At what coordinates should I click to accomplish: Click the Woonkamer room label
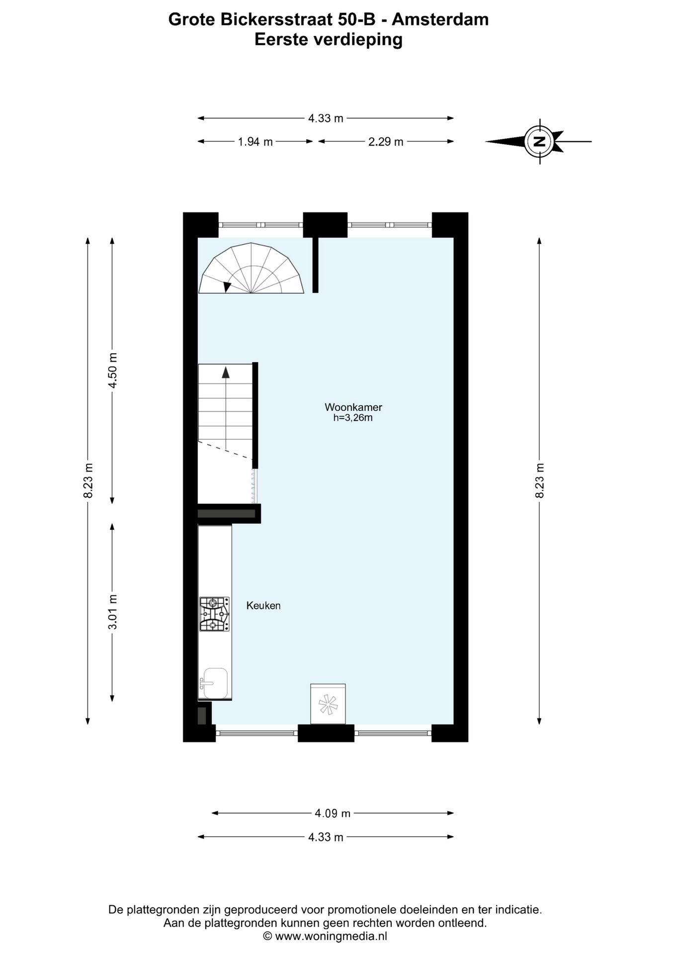[353, 407]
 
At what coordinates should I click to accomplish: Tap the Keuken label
[263, 605]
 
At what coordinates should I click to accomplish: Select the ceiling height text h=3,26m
[353, 418]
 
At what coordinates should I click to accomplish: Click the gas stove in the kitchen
[215, 614]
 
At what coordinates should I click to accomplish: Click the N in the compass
[540, 142]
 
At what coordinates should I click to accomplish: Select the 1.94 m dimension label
[255, 142]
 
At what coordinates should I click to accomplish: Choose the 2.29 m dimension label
[386, 142]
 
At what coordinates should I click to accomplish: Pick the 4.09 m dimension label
[333, 813]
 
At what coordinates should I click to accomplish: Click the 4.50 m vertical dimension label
[113, 371]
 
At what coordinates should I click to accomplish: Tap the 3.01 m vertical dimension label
[113, 612]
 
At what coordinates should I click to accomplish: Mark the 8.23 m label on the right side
[540, 480]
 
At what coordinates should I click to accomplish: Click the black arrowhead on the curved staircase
[227, 286]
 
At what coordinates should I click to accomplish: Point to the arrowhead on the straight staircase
[226, 373]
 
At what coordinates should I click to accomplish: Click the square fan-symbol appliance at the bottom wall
[328, 704]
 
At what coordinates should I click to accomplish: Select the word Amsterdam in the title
[440, 19]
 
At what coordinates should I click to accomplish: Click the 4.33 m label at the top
[326, 118]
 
